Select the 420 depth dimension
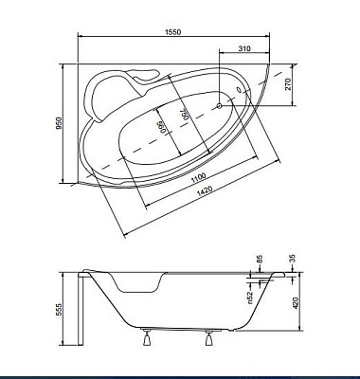(x=295, y=304)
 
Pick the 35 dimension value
(x=294, y=257)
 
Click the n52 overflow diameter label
(x=250, y=296)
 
